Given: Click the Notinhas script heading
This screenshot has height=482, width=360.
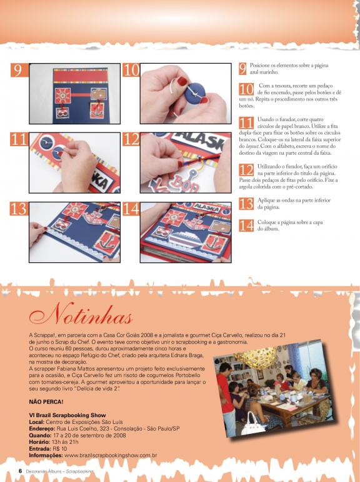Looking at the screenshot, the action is click(x=81, y=313).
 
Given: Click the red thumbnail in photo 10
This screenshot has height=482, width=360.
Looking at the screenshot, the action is click(x=182, y=81).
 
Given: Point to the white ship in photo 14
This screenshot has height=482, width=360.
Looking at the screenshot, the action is click(x=184, y=239).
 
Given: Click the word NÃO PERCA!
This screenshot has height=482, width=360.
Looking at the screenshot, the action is click(x=46, y=401).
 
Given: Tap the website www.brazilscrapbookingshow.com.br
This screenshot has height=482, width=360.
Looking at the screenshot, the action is click(x=111, y=455).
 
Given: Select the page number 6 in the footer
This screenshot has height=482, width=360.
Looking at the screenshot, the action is click(x=20, y=471).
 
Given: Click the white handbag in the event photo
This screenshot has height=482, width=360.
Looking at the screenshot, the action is click(x=253, y=424).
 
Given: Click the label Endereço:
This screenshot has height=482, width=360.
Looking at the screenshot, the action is click(x=42, y=428).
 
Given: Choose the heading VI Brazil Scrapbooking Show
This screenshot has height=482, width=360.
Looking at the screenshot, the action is click(x=67, y=415).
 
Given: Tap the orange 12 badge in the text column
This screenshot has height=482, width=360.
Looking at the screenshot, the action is click(x=246, y=170).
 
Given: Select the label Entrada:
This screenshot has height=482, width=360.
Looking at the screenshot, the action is click(x=40, y=449).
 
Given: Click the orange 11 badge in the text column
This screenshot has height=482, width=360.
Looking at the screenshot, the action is click(x=246, y=123).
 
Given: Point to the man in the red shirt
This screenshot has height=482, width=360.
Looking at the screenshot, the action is click(x=226, y=396).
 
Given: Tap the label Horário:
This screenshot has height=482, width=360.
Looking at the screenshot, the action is click(x=39, y=442).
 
